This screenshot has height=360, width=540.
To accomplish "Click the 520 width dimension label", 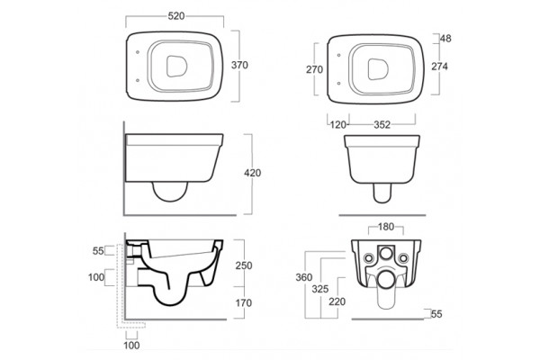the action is [176, 16].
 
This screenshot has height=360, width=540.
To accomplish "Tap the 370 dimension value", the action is [239, 65].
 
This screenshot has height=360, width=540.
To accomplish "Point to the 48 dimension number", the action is [445, 38].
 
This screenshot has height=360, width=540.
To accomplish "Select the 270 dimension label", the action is [314, 69].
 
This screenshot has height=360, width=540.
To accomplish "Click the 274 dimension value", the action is [439, 66].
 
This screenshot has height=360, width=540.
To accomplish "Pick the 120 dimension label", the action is [337, 125].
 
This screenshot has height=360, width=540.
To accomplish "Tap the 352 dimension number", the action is [382, 125].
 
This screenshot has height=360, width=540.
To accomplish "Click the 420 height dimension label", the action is [252, 173].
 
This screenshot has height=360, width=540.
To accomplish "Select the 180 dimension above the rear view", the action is [386, 227].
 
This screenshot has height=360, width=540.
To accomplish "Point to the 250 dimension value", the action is [244, 265].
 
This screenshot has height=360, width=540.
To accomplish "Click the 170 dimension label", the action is [244, 302].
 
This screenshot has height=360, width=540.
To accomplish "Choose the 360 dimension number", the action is [304, 277].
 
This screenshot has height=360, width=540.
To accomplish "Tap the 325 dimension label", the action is [319, 289].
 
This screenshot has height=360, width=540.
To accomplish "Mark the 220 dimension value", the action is [337, 301].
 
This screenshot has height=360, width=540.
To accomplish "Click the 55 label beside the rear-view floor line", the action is [436, 314].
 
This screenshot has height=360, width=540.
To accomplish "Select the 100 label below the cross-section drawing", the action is [131, 346].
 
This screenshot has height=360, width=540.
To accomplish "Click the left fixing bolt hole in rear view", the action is [369, 257].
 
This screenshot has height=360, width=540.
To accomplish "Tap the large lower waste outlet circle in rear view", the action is [386, 279].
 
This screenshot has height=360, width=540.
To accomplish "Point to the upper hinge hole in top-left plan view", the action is [138, 52].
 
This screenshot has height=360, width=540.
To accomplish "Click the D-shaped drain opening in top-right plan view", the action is [378, 69].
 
